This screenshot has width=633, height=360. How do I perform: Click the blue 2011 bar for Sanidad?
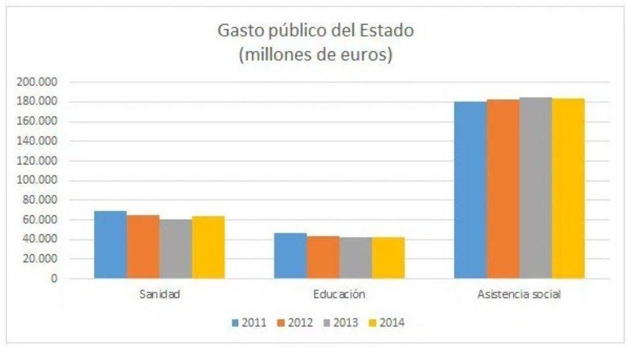pos(110,245)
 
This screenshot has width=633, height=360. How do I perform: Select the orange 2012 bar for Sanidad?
pos(143,247)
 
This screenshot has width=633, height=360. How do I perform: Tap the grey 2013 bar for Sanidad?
pos(175,249)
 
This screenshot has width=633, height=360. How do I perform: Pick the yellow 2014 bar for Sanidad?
pos(208,247)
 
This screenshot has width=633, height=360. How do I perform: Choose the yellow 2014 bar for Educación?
pos(388,258)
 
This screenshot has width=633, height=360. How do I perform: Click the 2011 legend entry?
pos(250,323)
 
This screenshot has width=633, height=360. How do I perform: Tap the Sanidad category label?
pos(160,295)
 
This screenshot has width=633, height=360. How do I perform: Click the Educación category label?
pos(340,295)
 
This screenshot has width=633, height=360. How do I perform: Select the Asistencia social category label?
pos(520,295)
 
